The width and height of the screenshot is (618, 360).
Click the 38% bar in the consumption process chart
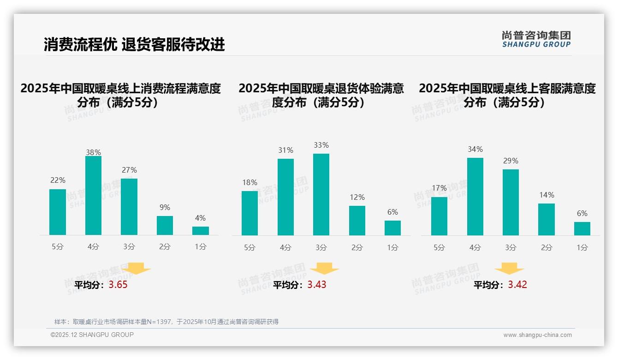coord(93,196)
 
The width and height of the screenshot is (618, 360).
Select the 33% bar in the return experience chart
coord(321,194)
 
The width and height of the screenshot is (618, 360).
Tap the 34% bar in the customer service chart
coord(475,197)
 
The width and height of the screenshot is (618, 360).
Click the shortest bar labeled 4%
coord(201,231)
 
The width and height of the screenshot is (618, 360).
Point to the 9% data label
coord(165,208)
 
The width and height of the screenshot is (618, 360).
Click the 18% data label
coord(250,183)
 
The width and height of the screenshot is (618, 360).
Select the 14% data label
coord(547,195)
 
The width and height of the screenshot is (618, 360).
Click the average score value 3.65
coord(118,285)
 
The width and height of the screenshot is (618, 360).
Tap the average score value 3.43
coord(317,285)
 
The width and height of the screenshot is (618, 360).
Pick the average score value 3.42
coord(517,285)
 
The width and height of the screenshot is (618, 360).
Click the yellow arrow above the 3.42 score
coord(509,268)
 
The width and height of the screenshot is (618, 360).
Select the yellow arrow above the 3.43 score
coord(324,268)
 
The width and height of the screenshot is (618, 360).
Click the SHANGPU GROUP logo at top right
coord(536,39)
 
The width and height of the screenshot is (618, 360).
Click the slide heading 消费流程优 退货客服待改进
coord(134,44)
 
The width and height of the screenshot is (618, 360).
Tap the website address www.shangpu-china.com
coord(537,335)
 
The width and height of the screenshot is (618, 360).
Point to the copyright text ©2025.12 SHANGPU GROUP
coord(92,335)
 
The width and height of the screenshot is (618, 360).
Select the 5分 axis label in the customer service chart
coord(439,248)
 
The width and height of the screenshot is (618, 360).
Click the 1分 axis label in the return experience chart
coord(392,248)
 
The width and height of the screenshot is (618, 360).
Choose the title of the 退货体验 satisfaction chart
coord(321,95)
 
